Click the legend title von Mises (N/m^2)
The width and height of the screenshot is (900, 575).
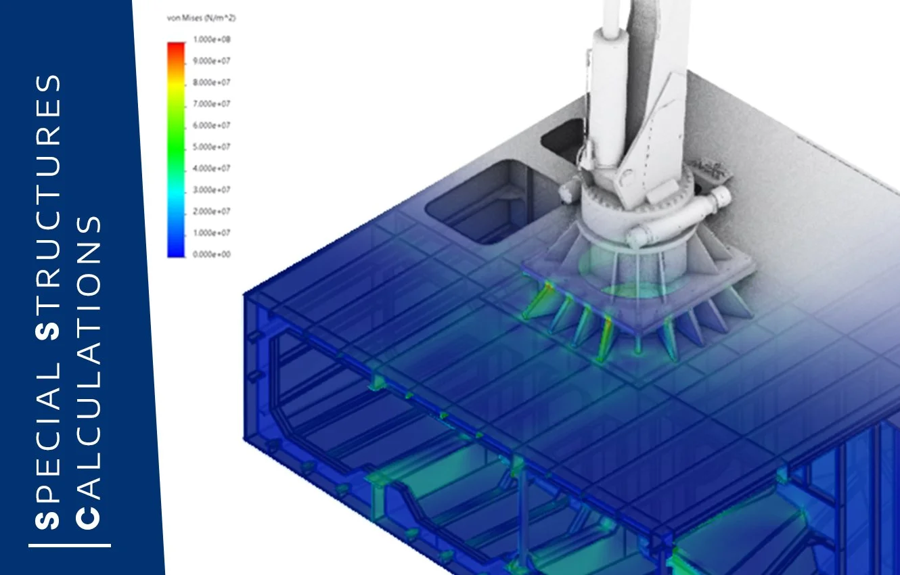[201, 18]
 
